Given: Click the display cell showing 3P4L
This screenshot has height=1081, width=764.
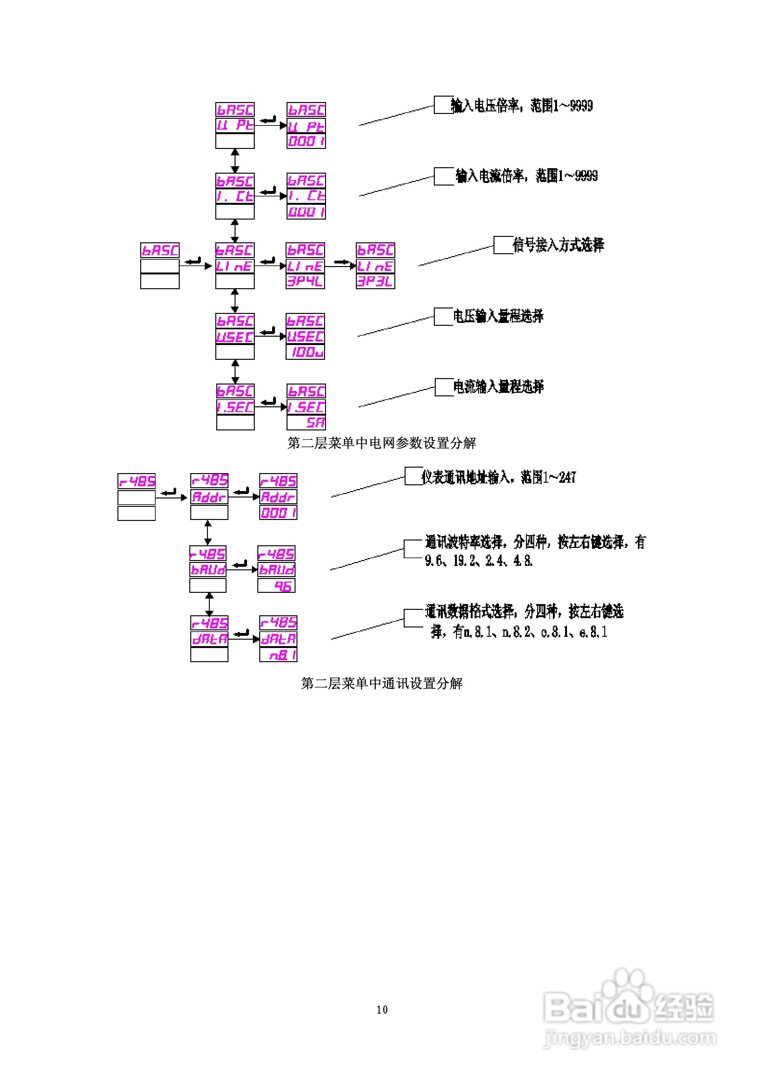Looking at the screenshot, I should coord(305,281).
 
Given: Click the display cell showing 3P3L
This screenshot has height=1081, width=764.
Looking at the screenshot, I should coord(375,281).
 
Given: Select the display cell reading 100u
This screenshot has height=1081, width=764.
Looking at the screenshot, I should coord(305,352).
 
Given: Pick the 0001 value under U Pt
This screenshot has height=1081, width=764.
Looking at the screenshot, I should coord(306,141).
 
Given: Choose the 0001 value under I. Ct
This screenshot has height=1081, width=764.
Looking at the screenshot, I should coord(306,212).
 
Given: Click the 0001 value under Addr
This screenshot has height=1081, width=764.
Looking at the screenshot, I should coord(278,513).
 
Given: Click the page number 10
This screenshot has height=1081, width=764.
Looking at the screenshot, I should coord(382,1009).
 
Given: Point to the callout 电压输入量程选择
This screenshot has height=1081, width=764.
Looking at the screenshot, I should coord(498,316).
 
